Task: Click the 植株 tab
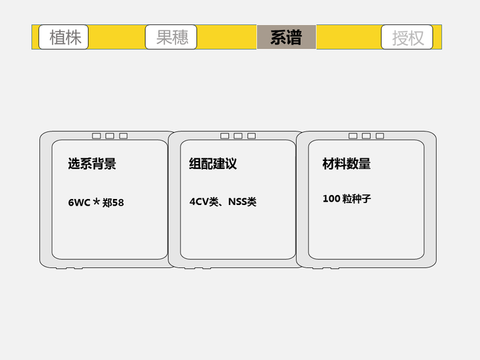coord(64,37)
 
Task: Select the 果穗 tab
coord(171,37)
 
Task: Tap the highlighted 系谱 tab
coord(286,37)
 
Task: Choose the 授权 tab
coord(407,37)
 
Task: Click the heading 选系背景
coord(92,164)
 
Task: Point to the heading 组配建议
coord(213,164)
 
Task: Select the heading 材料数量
coord(347,164)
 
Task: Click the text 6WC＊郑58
coord(96,202)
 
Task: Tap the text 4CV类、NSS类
coord(223,202)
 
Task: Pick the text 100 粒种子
coord(347,198)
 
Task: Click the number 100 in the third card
coord(331,198)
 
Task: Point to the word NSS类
coord(242,202)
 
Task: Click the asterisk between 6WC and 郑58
coord(97,202)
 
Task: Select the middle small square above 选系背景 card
coord(110,136)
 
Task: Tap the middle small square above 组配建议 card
coord(238,136)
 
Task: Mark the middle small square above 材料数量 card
coord(366,136)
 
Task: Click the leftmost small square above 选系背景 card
coord(97,136)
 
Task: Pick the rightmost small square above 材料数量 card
coord(379,136)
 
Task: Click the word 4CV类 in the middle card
coord(203,202)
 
